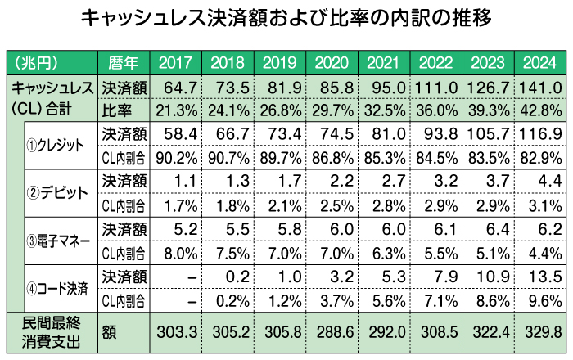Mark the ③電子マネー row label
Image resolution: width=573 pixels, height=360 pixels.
(57, 241)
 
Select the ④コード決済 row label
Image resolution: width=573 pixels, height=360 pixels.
(57, 288)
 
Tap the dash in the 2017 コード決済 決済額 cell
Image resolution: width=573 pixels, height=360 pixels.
(191, 277)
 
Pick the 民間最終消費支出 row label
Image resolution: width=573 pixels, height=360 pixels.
(49, 333)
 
